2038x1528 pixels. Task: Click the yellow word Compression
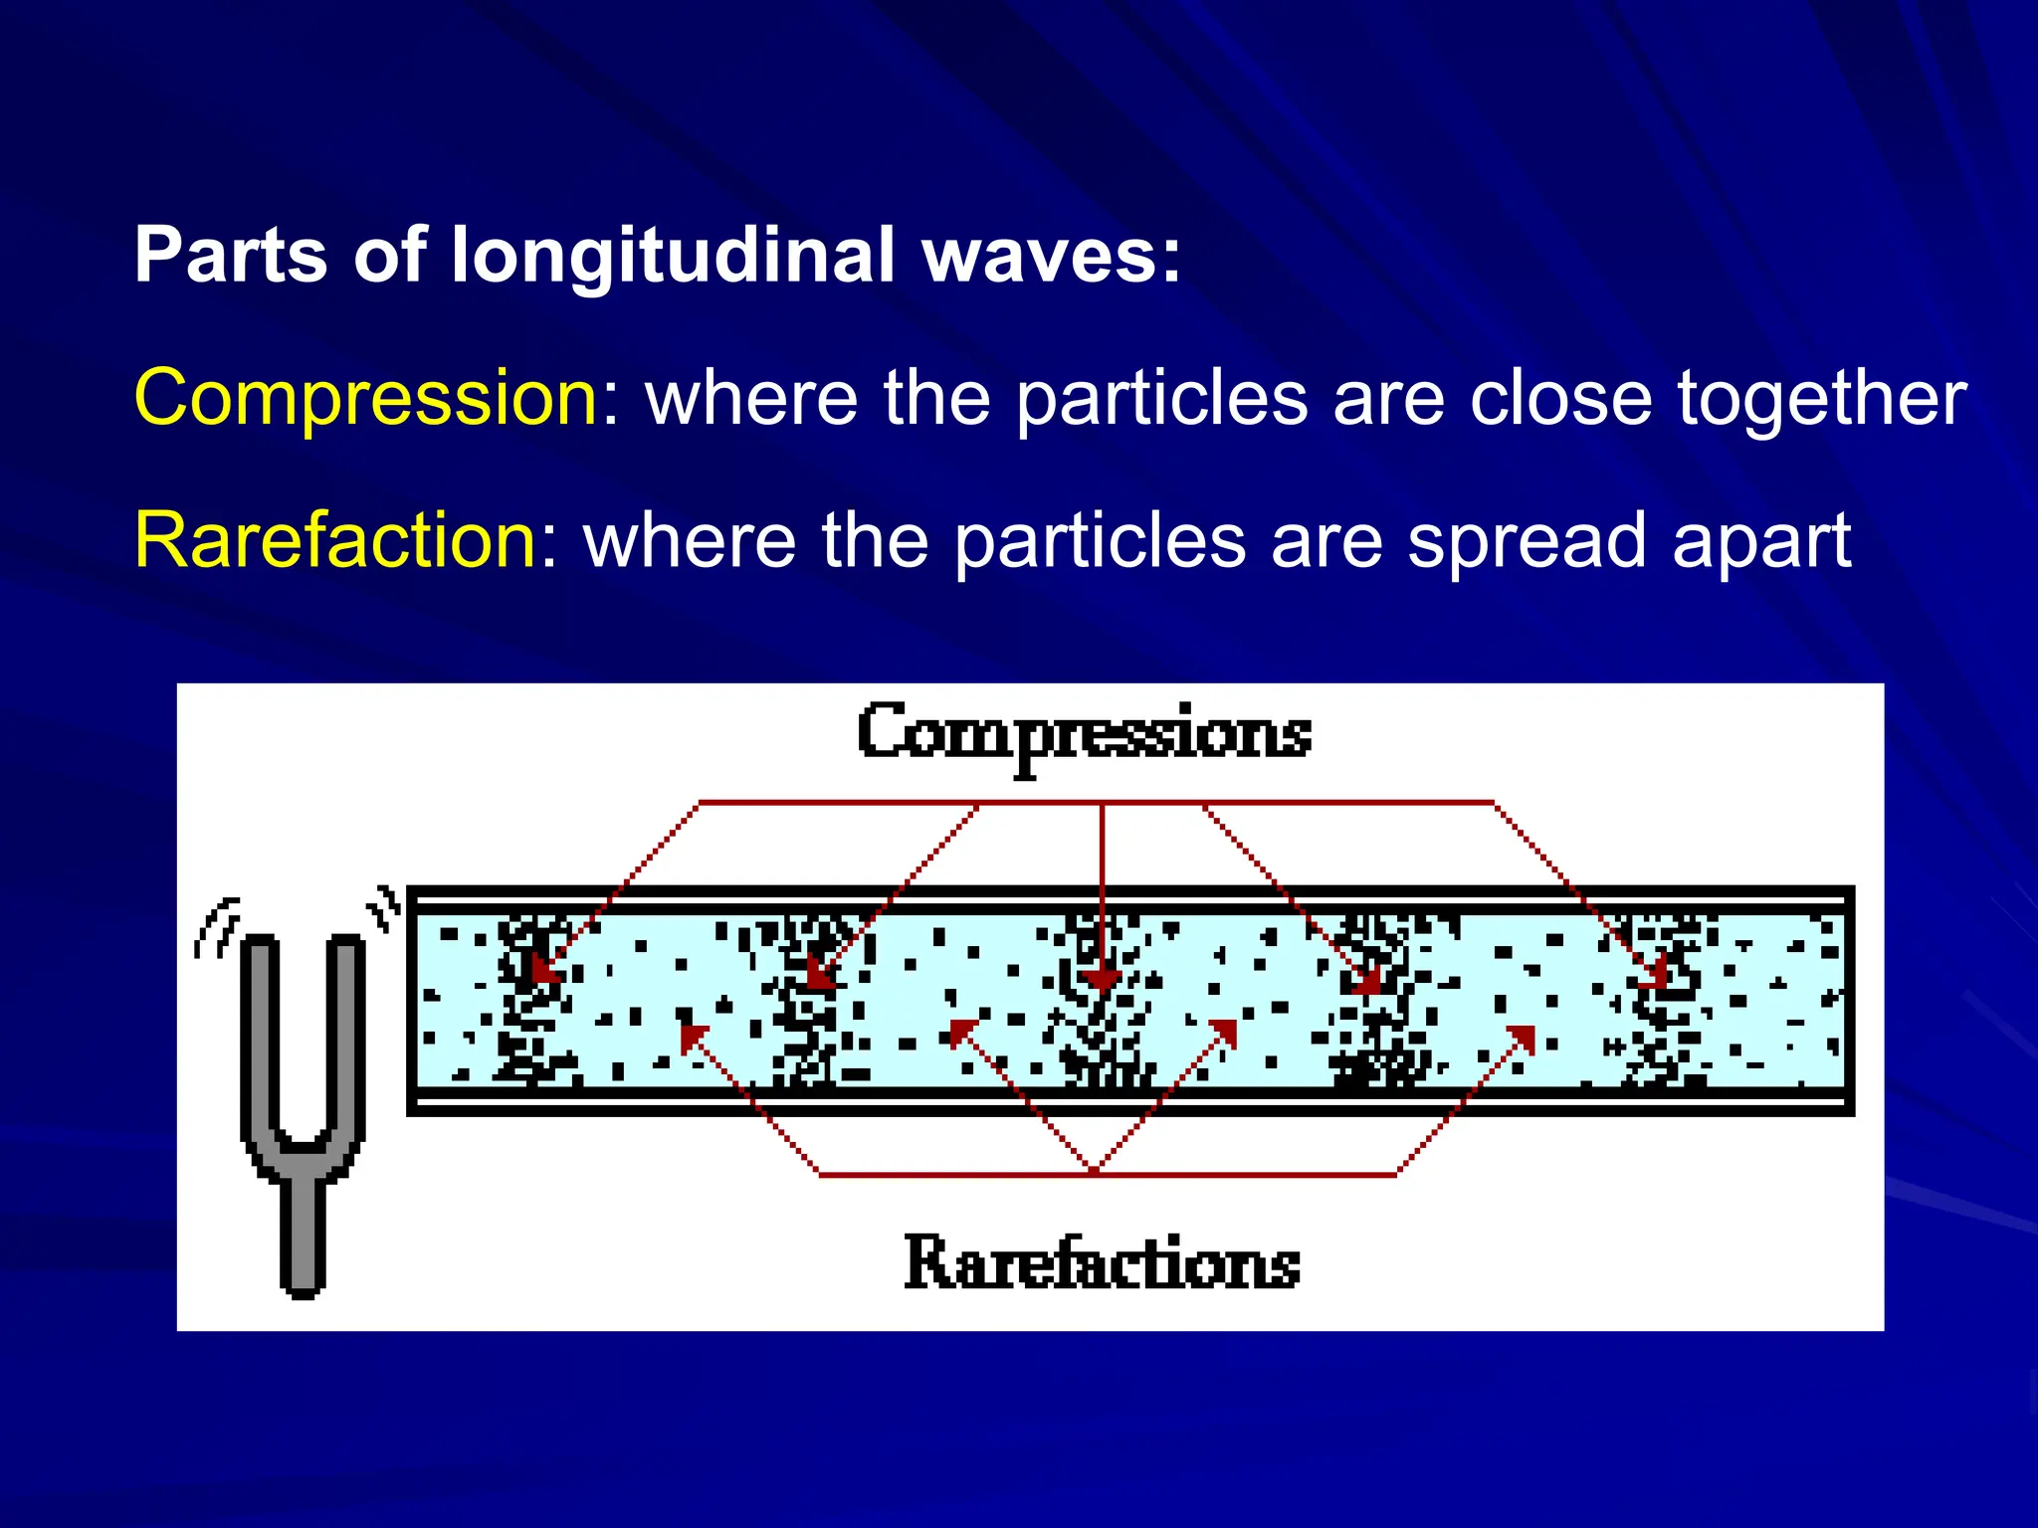point(365,398)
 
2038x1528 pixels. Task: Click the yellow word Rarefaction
point(335,540)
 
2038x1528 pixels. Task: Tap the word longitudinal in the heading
point(673,255)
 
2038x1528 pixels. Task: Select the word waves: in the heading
point(1052,255)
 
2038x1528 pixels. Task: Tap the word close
point(1560,398)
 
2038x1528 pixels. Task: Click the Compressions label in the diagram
point(1084,736)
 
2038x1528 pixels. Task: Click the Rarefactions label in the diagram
point(1102,1263)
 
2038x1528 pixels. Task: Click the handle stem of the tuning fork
point(303,1234)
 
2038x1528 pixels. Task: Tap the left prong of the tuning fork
point(259,1035)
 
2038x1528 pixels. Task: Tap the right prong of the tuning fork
point(345,1035)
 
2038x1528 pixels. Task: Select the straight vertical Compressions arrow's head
point(1102,981)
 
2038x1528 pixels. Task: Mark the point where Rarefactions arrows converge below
point(1095,1172)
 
